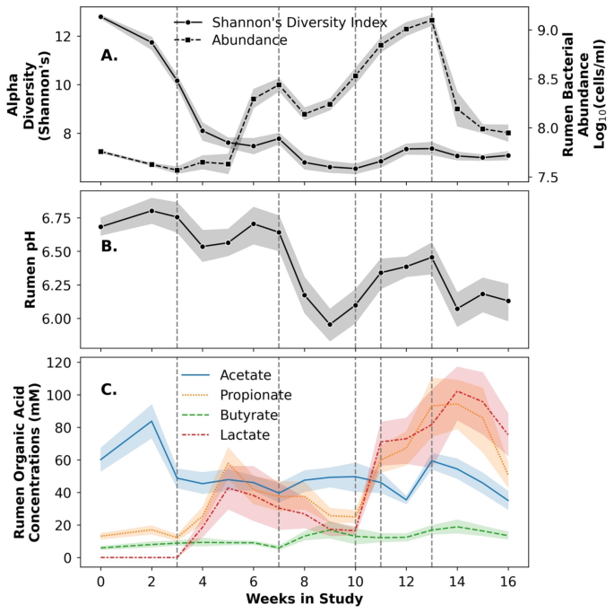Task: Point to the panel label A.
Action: tap(109, 56)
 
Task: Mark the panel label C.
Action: tap(109, 390)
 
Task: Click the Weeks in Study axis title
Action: tap(304, 599)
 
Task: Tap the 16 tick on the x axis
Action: tap(508, 580)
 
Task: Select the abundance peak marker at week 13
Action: tap(432, 20)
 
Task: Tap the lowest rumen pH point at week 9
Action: tap(330, 325)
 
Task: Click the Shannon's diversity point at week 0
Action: tap(100, 16)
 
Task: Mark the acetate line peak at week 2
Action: tap(151, 422)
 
